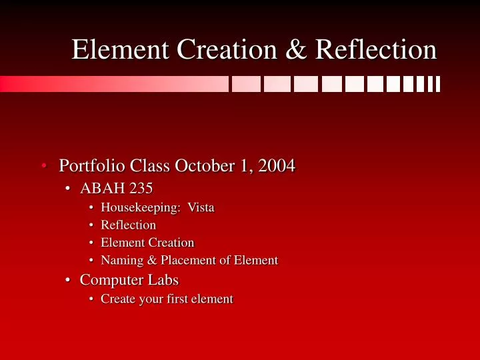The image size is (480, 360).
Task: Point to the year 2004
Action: point(277,165)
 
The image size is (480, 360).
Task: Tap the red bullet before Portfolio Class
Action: point(43,165)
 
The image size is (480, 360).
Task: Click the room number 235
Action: point(141,189)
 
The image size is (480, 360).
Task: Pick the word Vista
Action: point(201,207)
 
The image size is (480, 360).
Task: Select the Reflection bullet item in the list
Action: point(128,225)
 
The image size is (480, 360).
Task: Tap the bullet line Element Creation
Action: point(147,243)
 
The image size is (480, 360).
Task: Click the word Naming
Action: point(122,260)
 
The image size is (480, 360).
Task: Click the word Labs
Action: point(163,280)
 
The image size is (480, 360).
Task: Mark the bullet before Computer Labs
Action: point(69,280)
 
